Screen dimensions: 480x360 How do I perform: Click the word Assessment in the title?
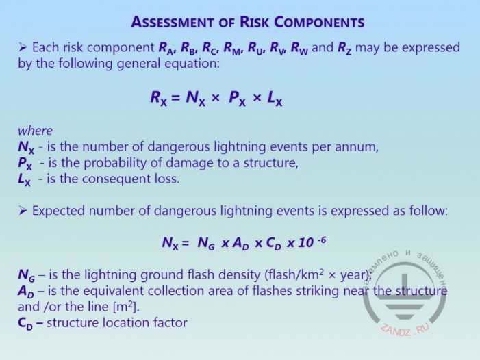click(172, 23)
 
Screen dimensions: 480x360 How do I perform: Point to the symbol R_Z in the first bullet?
click(344, 49)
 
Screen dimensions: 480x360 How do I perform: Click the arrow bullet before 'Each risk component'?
click(23, 47)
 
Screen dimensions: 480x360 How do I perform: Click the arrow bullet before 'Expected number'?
click(23, 211)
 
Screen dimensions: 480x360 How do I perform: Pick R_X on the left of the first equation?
click(159, 99)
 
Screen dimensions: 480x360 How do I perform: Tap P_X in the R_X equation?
click(237, 99)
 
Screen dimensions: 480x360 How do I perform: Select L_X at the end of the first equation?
click(275, 99)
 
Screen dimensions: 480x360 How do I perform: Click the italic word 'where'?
click(35, 131)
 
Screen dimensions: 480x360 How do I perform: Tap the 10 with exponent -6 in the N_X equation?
click(312, 242)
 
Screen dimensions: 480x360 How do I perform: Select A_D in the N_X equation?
click(240, 243)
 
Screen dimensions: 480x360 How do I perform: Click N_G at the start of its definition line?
click(26, 275)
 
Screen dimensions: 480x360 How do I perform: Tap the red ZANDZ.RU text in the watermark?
click(405, 329)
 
